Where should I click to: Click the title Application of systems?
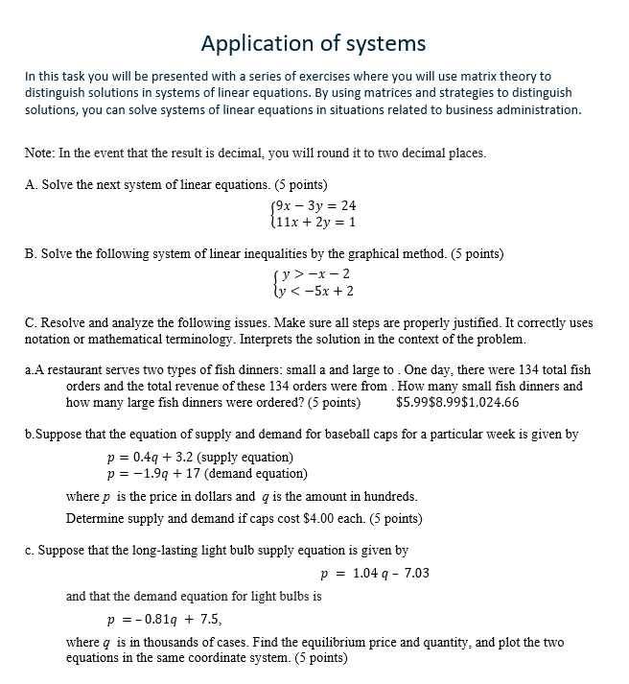pos(314,43)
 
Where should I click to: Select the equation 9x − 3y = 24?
pos(315,205)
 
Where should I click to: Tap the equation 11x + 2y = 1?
pos(315,222)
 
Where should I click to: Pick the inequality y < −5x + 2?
pos(315,291)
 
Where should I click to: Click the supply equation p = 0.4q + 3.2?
pos(164,457)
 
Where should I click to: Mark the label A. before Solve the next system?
pos(31,184)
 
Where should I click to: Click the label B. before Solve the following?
pos(31,254)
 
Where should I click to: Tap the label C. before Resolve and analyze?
pos(31,323)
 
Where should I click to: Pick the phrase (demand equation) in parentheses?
pos(258,473)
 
